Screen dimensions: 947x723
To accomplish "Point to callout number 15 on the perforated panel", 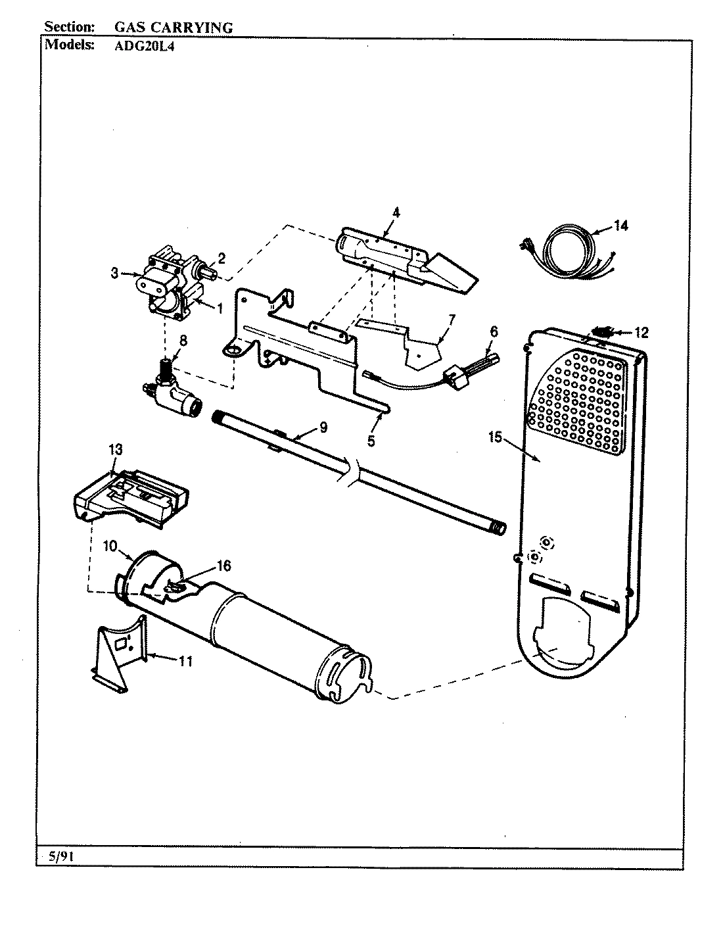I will coord(494,436).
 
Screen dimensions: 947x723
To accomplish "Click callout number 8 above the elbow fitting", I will coord(183,341).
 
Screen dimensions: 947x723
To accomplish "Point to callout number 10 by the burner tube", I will coord(109,546).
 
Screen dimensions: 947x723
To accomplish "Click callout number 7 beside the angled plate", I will coord(451,320).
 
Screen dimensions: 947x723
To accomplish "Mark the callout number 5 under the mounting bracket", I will coord(371,441).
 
